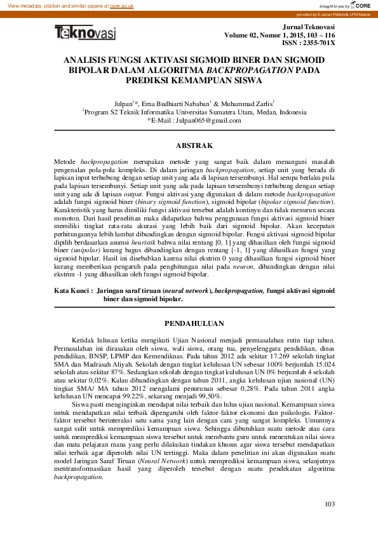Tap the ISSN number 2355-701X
coord(318,43)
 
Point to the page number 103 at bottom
coord(329,504)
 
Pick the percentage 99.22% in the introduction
coord(118,395)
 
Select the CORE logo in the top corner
coord(363,4)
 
